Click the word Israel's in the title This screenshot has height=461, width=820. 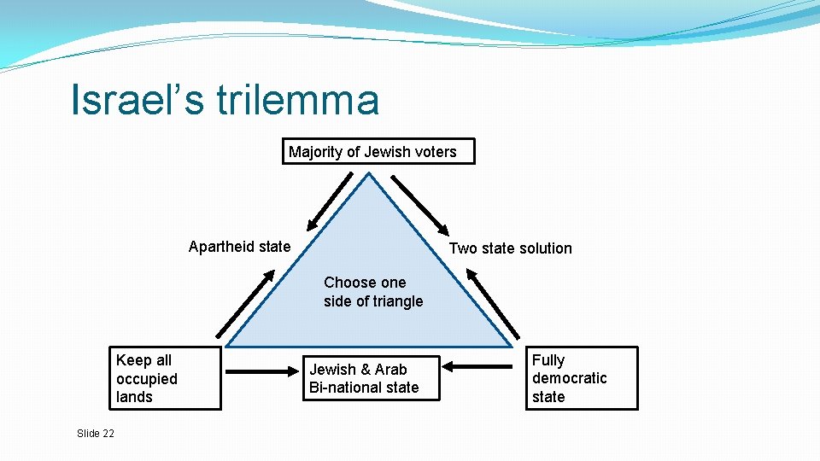138,99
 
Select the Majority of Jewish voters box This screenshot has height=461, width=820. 378,151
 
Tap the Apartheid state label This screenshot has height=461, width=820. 239,247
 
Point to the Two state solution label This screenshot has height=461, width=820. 510,248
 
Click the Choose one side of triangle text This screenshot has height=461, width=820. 373,291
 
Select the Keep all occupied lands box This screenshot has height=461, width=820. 165,378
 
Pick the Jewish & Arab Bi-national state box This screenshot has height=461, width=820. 374,378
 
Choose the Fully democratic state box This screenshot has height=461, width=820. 583,378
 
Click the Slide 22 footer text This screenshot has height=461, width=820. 95,434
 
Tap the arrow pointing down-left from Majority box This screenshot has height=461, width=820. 329,199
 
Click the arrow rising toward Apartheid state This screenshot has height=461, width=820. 245,304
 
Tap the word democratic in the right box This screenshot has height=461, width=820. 569,378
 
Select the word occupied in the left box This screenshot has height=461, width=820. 147,379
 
